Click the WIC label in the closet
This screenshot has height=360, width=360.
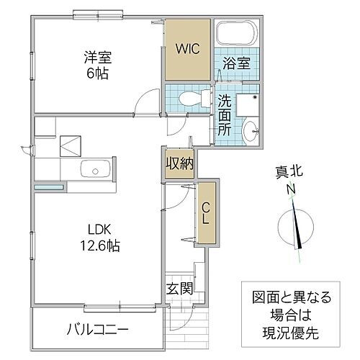(x=189, y=49)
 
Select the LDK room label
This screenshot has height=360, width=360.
(x=99, y=230)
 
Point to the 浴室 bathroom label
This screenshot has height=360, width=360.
(x=237, y=62)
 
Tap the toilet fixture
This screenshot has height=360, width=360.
(x=189, y=98)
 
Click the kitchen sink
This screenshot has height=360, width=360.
(x=95, y=171)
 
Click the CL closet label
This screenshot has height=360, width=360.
(x=205, y=214)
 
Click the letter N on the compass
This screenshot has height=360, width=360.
(x=292, y=189)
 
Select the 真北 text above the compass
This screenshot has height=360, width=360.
(x=290, y=171)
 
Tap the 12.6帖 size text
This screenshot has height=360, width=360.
(x=99, y=246)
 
